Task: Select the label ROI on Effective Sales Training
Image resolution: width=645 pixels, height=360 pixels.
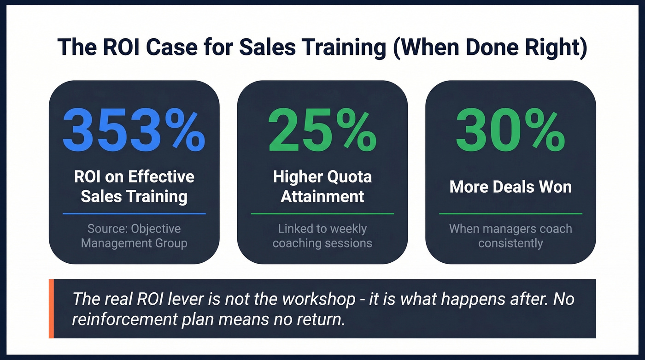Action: [x=134, y=187]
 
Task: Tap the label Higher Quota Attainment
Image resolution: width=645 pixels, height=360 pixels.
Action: [x=322, y=187]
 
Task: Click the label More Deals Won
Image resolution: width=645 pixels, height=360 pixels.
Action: [x=510, y=187]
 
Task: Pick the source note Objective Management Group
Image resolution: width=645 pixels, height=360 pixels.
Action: [x=134, y=236]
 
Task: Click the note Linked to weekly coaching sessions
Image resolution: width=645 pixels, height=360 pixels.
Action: [x=322, y=236]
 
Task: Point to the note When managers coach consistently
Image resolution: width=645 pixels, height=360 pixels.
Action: [x=510, y=236]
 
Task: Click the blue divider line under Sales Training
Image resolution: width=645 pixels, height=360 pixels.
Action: [x=134, y=214]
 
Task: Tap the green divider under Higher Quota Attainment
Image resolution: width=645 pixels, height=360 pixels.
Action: [x=322, y=214]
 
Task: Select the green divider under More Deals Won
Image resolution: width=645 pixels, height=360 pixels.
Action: [x=510, y=214]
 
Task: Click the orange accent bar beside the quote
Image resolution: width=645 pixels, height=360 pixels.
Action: [x=51, y=308]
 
